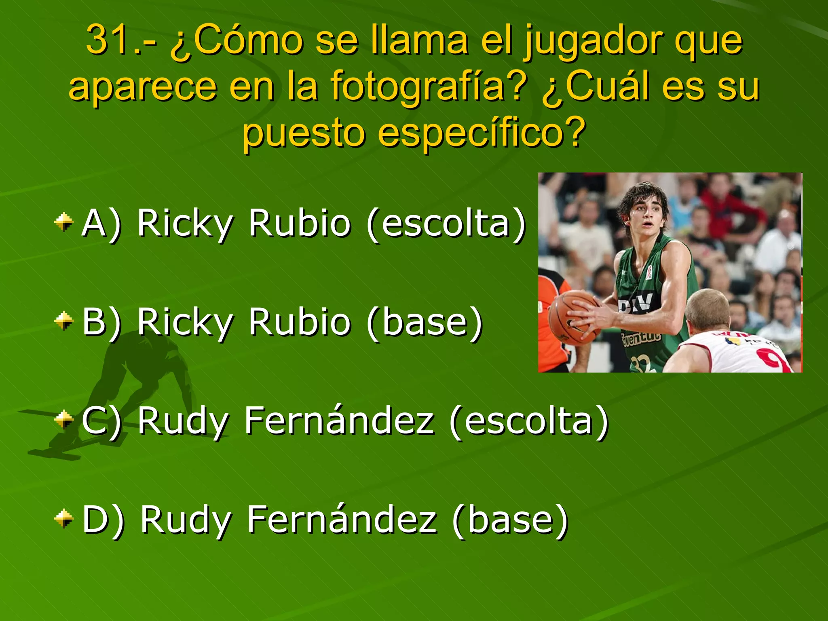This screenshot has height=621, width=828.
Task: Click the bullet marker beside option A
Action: (64, 222)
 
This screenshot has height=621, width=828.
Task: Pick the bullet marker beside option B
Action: (64, 321)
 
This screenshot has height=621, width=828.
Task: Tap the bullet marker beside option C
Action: (64, 420)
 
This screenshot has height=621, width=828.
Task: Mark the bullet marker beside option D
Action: (64, 519)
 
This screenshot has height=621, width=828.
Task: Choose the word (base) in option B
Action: (425, 322)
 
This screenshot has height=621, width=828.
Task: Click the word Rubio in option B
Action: (300, 322)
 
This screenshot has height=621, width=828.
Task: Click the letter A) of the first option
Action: (101, 224)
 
